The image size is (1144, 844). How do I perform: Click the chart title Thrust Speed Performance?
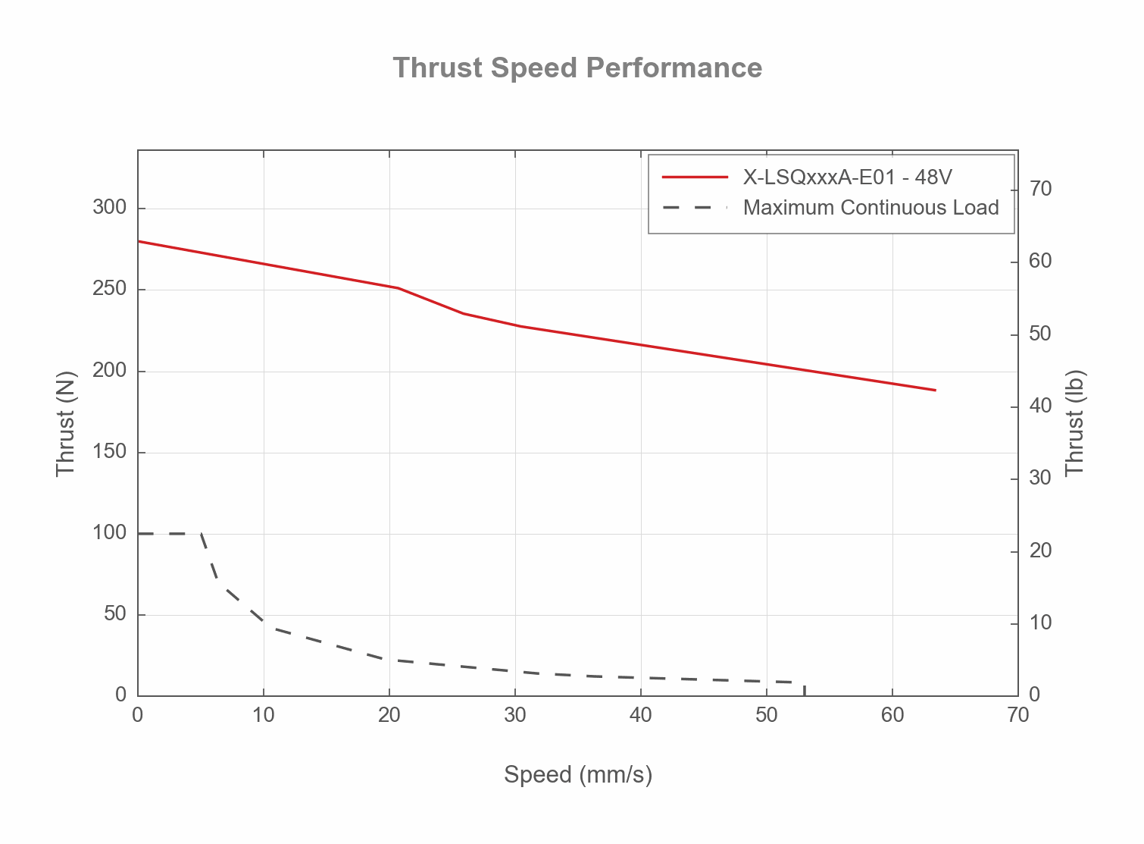pos(577,68)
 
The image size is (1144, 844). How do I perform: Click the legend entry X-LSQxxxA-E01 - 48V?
pos(847,177)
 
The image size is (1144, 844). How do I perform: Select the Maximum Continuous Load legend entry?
pos(871,208)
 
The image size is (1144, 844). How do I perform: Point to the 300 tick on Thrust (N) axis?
pos(109,208)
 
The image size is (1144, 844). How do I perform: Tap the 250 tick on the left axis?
pos(109,290)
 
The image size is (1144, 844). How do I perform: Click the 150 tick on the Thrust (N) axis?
pos(109,453)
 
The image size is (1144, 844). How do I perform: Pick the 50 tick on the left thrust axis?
pos(114,614)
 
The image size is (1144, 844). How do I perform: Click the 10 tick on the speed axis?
pos(264,715)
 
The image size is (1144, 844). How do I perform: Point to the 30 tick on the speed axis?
pos(515,715)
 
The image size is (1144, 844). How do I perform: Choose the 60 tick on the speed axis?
pos(892,715)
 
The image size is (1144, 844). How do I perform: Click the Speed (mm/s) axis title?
pos(577,775)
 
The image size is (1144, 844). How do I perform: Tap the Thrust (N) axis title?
pos(67,423)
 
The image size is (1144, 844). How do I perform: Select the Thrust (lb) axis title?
pos(1075,423)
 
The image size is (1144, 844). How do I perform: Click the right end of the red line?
pos(936,390)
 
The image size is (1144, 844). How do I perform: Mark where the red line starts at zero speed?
pos(139,241)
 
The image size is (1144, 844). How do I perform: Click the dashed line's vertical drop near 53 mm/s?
pos(804,689)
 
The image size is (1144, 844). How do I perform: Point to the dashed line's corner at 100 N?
pos(201,534)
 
